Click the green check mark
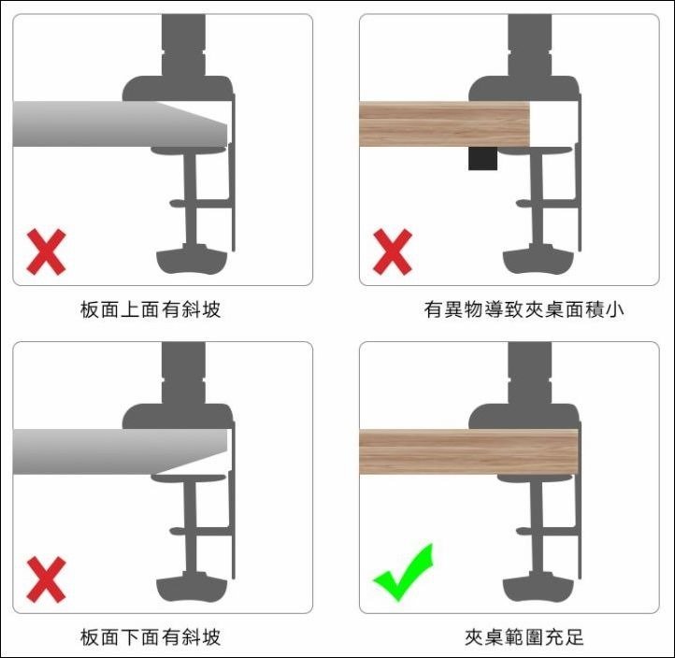click(403, 571)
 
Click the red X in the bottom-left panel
click(46, 579)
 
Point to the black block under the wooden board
click(481, 158)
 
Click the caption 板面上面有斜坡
click(151, 309)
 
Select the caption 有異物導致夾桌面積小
click(524, 309)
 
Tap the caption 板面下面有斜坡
click(151, 637)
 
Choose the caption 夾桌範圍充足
click(524, 637)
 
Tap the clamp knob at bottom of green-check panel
click(539, 589)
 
